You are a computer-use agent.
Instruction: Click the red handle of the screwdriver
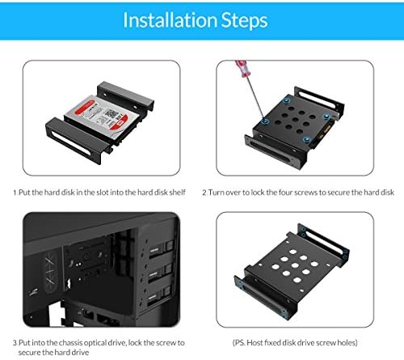click(241, 68)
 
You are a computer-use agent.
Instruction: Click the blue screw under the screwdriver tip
click(263, 123)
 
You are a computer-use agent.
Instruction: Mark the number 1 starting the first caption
click(15, 193)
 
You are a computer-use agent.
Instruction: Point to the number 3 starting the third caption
click(15, 343)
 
